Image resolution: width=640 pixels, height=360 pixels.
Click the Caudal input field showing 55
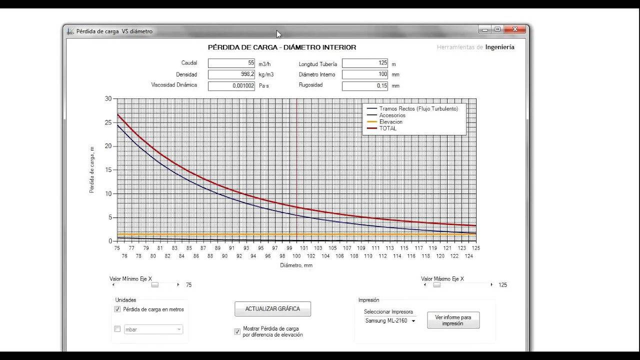(231, 63)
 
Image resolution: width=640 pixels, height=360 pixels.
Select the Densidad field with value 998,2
(231, 74)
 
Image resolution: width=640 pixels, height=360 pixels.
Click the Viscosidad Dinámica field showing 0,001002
(231, 86)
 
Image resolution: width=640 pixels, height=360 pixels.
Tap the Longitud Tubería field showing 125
(365, 63)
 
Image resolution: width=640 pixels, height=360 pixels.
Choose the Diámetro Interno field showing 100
(365, 74)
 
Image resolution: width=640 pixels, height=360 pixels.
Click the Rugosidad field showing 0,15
(365, 86)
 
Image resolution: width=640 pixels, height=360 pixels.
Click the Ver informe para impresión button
(453, 320)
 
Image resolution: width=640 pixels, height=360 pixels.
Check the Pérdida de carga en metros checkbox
(117, 309)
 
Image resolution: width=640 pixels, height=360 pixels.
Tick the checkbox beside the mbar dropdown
(117, 329)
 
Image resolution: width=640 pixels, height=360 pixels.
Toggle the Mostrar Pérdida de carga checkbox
(237, 331)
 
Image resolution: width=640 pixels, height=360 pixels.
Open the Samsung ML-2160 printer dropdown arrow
(413, 321)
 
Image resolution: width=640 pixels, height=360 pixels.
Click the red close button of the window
(515, 29)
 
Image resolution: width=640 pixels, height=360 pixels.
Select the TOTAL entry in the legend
(387, 128)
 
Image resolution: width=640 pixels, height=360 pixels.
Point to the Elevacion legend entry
(390, 121)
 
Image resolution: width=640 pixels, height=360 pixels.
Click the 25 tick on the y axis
(108, 122)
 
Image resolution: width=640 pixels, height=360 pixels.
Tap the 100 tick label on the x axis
(296, 256)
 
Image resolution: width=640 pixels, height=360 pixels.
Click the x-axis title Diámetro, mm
(296, 265)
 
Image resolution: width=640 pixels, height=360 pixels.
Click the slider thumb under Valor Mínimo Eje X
(155, 285)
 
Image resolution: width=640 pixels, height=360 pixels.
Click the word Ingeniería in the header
(499, 47)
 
